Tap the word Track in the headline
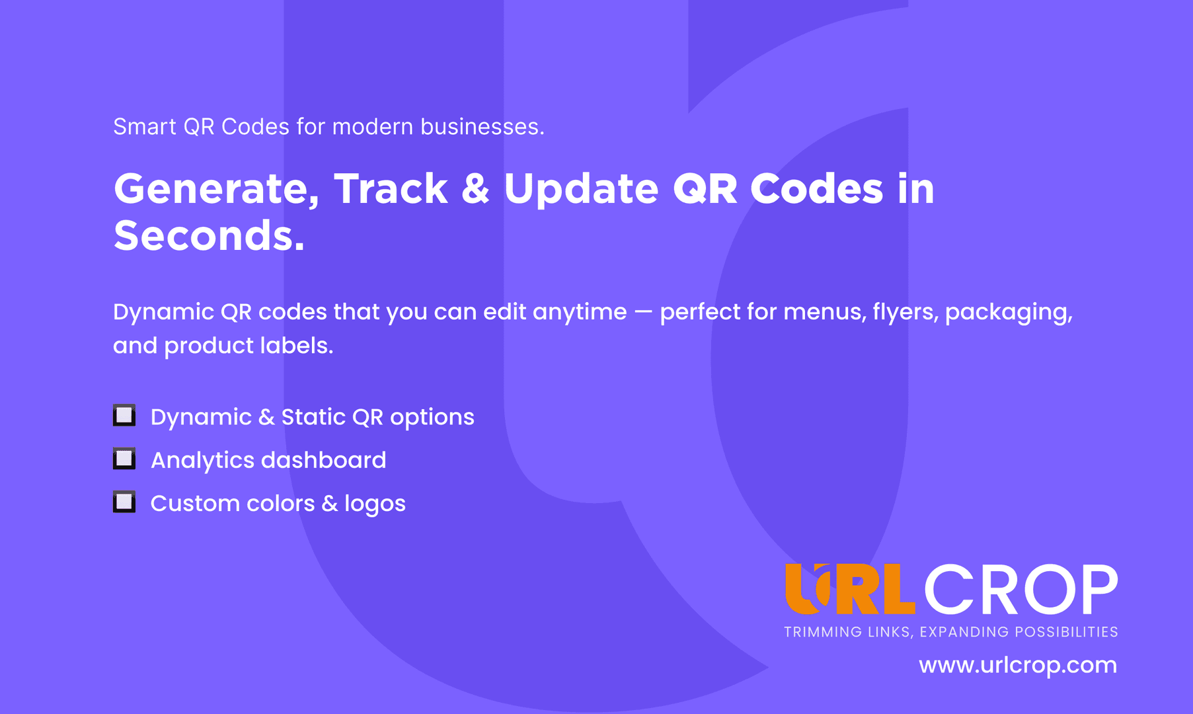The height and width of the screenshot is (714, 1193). (x=391, y=188)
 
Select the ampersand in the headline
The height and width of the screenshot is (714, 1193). (x=475, y=188)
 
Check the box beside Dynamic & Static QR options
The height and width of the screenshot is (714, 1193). (x=124, y=415)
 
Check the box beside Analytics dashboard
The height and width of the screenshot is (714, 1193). (x=124, y=458)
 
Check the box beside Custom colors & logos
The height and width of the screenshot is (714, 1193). (x=124, y=502)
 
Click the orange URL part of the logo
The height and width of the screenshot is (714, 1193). (x=850, y=589)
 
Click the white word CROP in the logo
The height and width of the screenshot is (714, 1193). (x=1020, y=589)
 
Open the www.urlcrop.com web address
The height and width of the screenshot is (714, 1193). (x=1018, y=665)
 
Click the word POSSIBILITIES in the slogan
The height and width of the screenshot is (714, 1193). (x=1066, y=632)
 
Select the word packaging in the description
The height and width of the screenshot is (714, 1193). (x=1009, y=313)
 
